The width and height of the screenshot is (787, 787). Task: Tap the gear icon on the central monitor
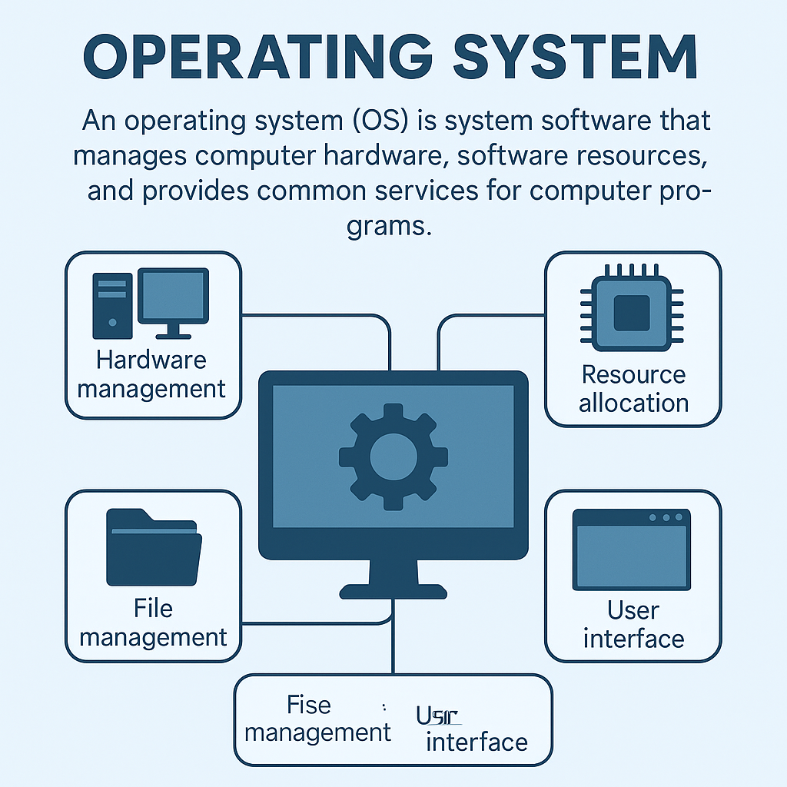393,458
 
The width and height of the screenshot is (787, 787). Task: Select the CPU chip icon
633,310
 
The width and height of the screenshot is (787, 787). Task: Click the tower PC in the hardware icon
112,305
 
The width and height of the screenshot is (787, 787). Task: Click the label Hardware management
152,374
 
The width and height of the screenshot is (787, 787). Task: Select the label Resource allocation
633,389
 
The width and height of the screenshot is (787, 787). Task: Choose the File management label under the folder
153,623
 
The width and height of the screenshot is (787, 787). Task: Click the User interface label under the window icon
633,624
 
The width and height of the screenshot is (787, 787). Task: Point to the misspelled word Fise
308,705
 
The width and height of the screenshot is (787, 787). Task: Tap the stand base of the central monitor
393,591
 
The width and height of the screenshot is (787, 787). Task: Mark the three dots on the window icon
665,517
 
